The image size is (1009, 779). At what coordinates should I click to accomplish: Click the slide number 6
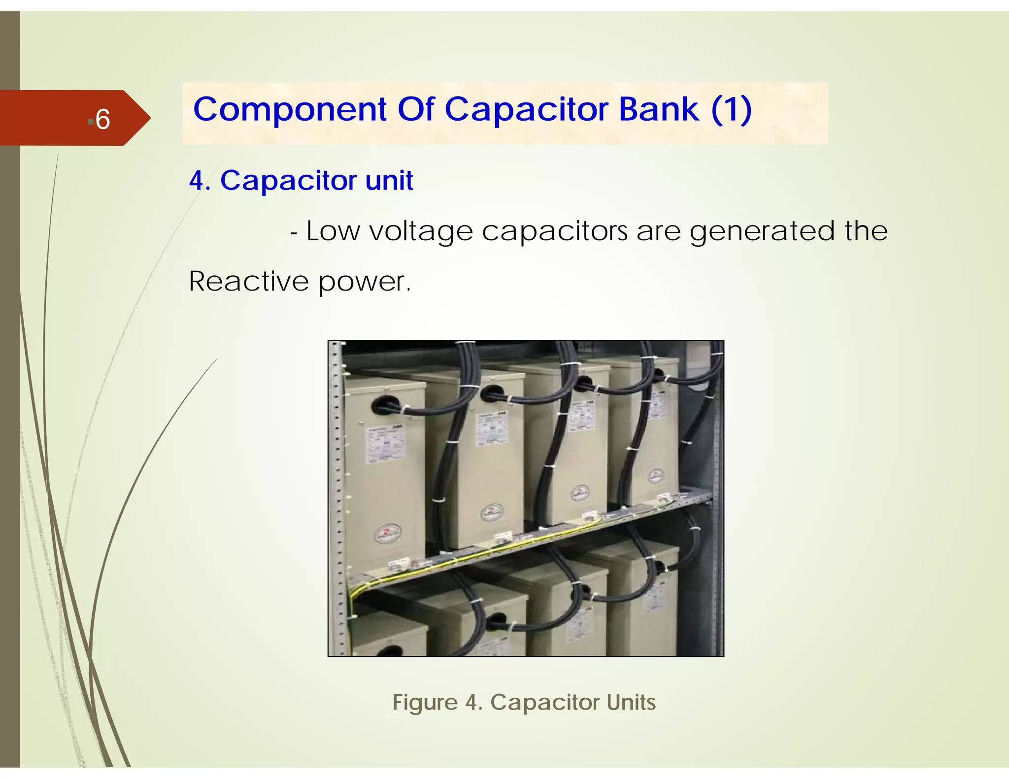point(102,119)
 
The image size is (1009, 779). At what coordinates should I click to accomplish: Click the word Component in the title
point(290,109)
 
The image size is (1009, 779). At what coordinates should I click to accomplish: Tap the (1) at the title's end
point(731,109)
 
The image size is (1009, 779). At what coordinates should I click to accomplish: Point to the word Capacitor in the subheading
point(288,180)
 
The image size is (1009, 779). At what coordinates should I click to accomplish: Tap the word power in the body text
point(363,282)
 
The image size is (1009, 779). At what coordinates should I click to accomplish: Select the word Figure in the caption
point(425,702)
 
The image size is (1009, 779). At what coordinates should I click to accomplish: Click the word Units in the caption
point(631,702)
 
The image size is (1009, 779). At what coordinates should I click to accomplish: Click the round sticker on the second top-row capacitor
point(492,512)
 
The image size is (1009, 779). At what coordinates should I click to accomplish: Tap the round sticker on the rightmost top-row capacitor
point(656,475)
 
